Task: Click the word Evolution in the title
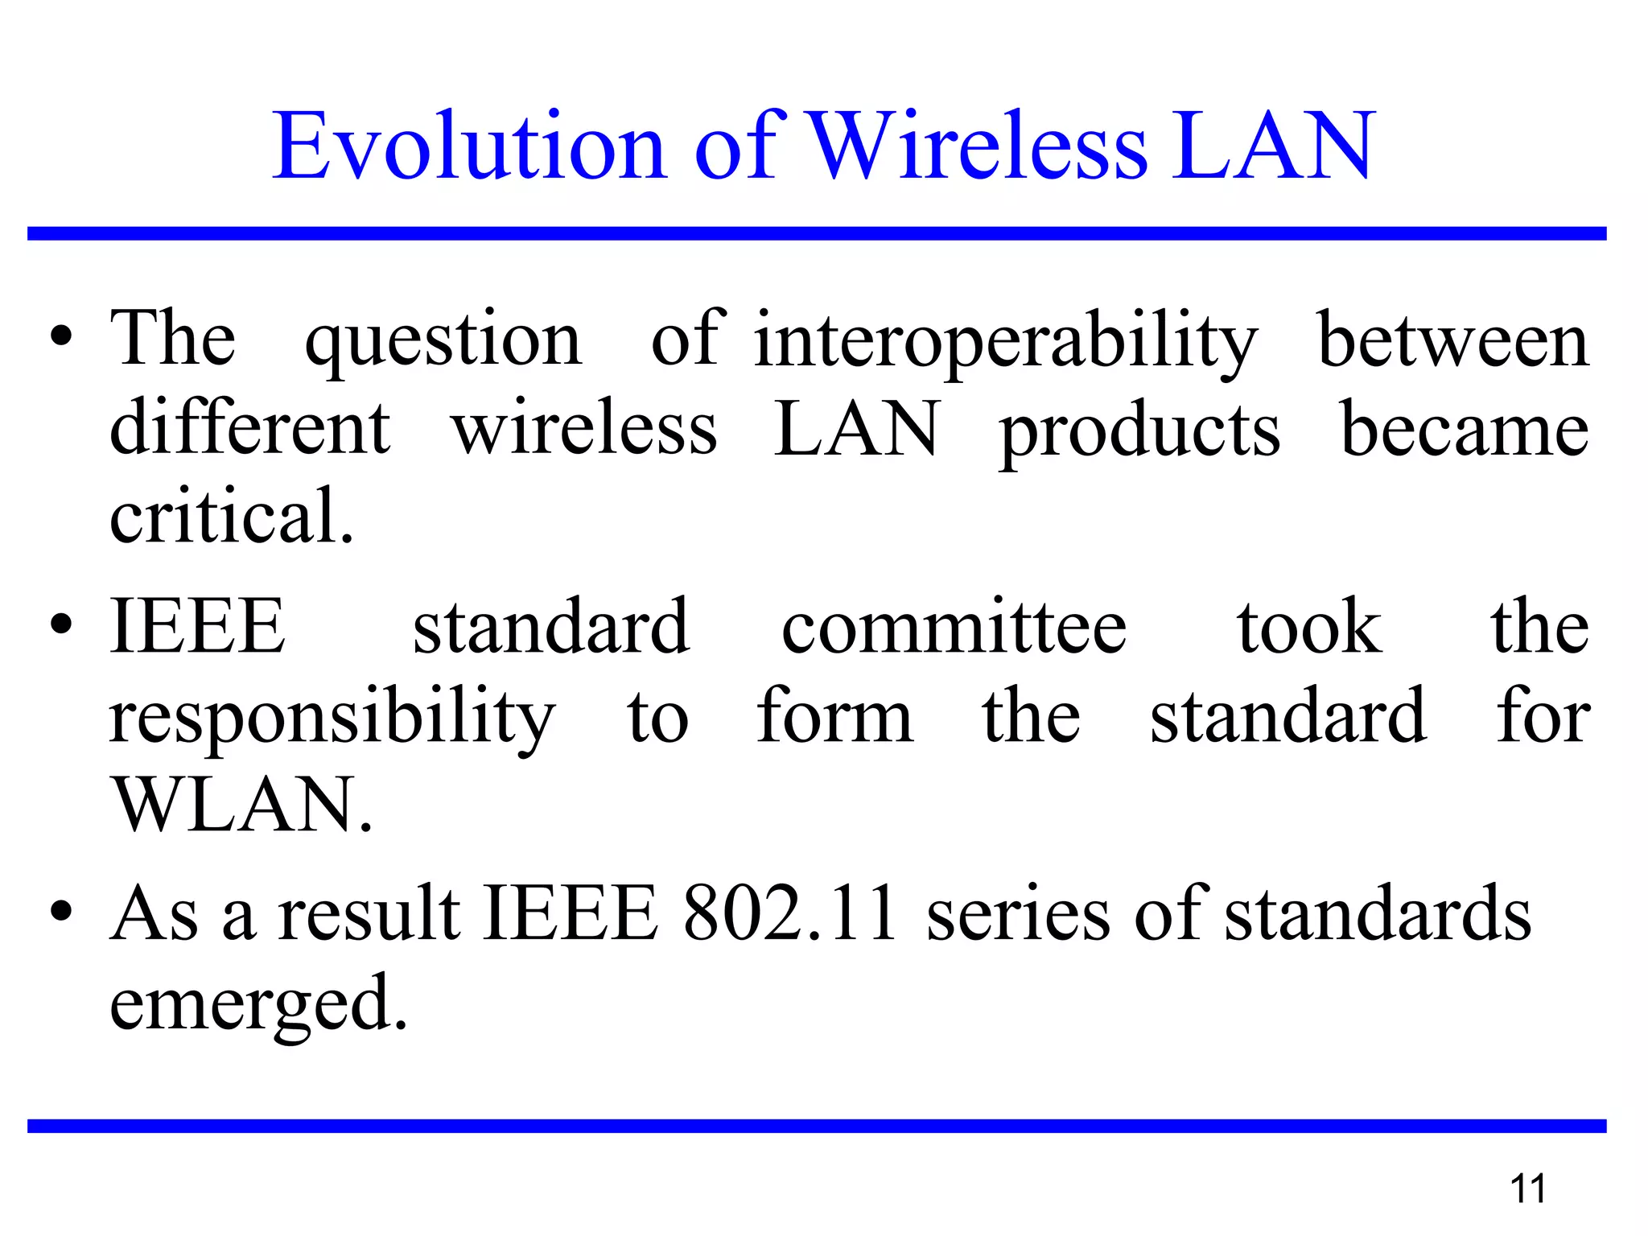click(470, 146)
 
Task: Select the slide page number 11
click(1528, 1189)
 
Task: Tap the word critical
click(231, 517)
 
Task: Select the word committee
click(954, 628)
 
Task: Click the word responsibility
click(332, 717)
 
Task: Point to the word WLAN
click(241, 805)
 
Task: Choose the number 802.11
click(790, 914)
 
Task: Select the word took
click(1309, 628)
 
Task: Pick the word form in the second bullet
click(834, 715)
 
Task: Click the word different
click(250, 428)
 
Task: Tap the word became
click(1465, 430)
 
